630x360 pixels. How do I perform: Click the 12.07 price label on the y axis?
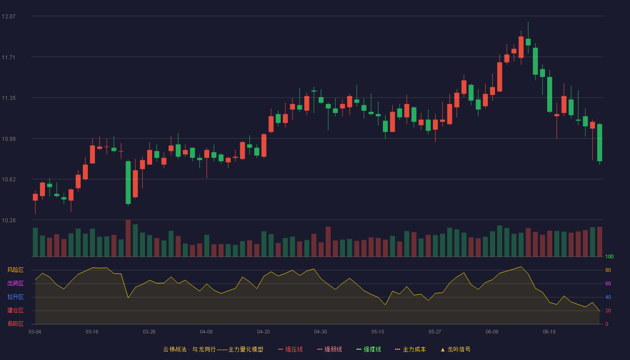(9, 16)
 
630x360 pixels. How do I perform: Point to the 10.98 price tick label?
(9, 139)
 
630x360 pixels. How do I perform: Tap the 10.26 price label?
(9, 220)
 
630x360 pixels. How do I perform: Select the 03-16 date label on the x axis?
(92, 332)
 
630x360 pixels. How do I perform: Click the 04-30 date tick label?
(320, 332)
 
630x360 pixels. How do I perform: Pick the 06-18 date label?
(549, 332)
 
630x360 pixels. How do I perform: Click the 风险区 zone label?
(15, 270)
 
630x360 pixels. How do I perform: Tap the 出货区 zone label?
(15, 283)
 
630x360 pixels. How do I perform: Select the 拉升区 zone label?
(15, 297)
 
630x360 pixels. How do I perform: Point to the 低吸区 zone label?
(15, 324)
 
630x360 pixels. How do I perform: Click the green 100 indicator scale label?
(609, 256)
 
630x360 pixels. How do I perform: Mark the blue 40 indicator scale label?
(608, 297)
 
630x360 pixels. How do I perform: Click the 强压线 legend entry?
(290, 349)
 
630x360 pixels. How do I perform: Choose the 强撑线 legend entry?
(369, 349)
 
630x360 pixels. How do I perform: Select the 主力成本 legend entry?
(410, 349)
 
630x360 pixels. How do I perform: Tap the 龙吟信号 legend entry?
(455, 349)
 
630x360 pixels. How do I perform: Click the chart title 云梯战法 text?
(175, 349)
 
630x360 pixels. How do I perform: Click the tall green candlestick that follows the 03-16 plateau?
(128, 183)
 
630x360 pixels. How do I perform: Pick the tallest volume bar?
(128, 238)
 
